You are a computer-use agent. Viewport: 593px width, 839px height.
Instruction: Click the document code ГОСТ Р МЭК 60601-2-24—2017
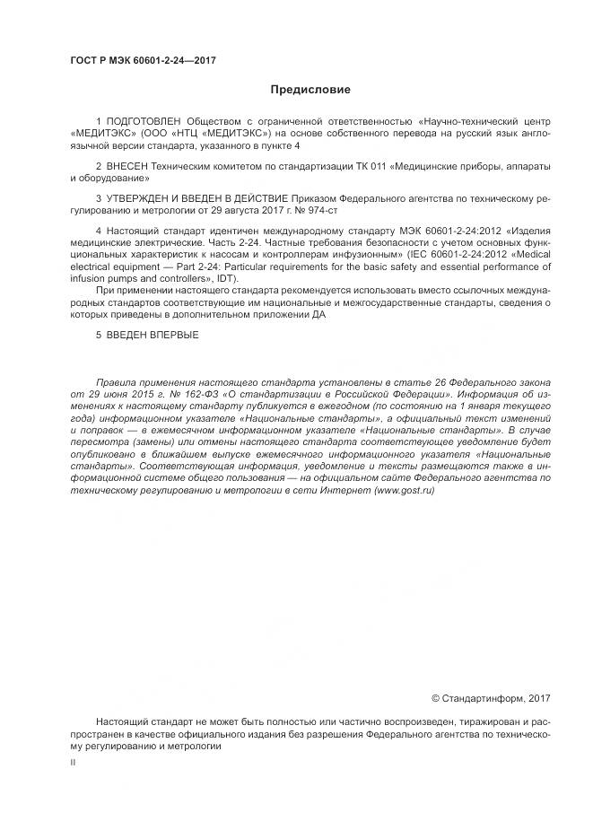click(144, 61)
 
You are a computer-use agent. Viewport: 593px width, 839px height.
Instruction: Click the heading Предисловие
click(310, 90)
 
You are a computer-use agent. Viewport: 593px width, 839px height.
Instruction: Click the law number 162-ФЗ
click(182, 393)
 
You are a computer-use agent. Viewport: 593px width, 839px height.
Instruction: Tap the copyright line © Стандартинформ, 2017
click(491, 698)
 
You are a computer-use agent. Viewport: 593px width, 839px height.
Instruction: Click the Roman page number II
click(73, 762)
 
